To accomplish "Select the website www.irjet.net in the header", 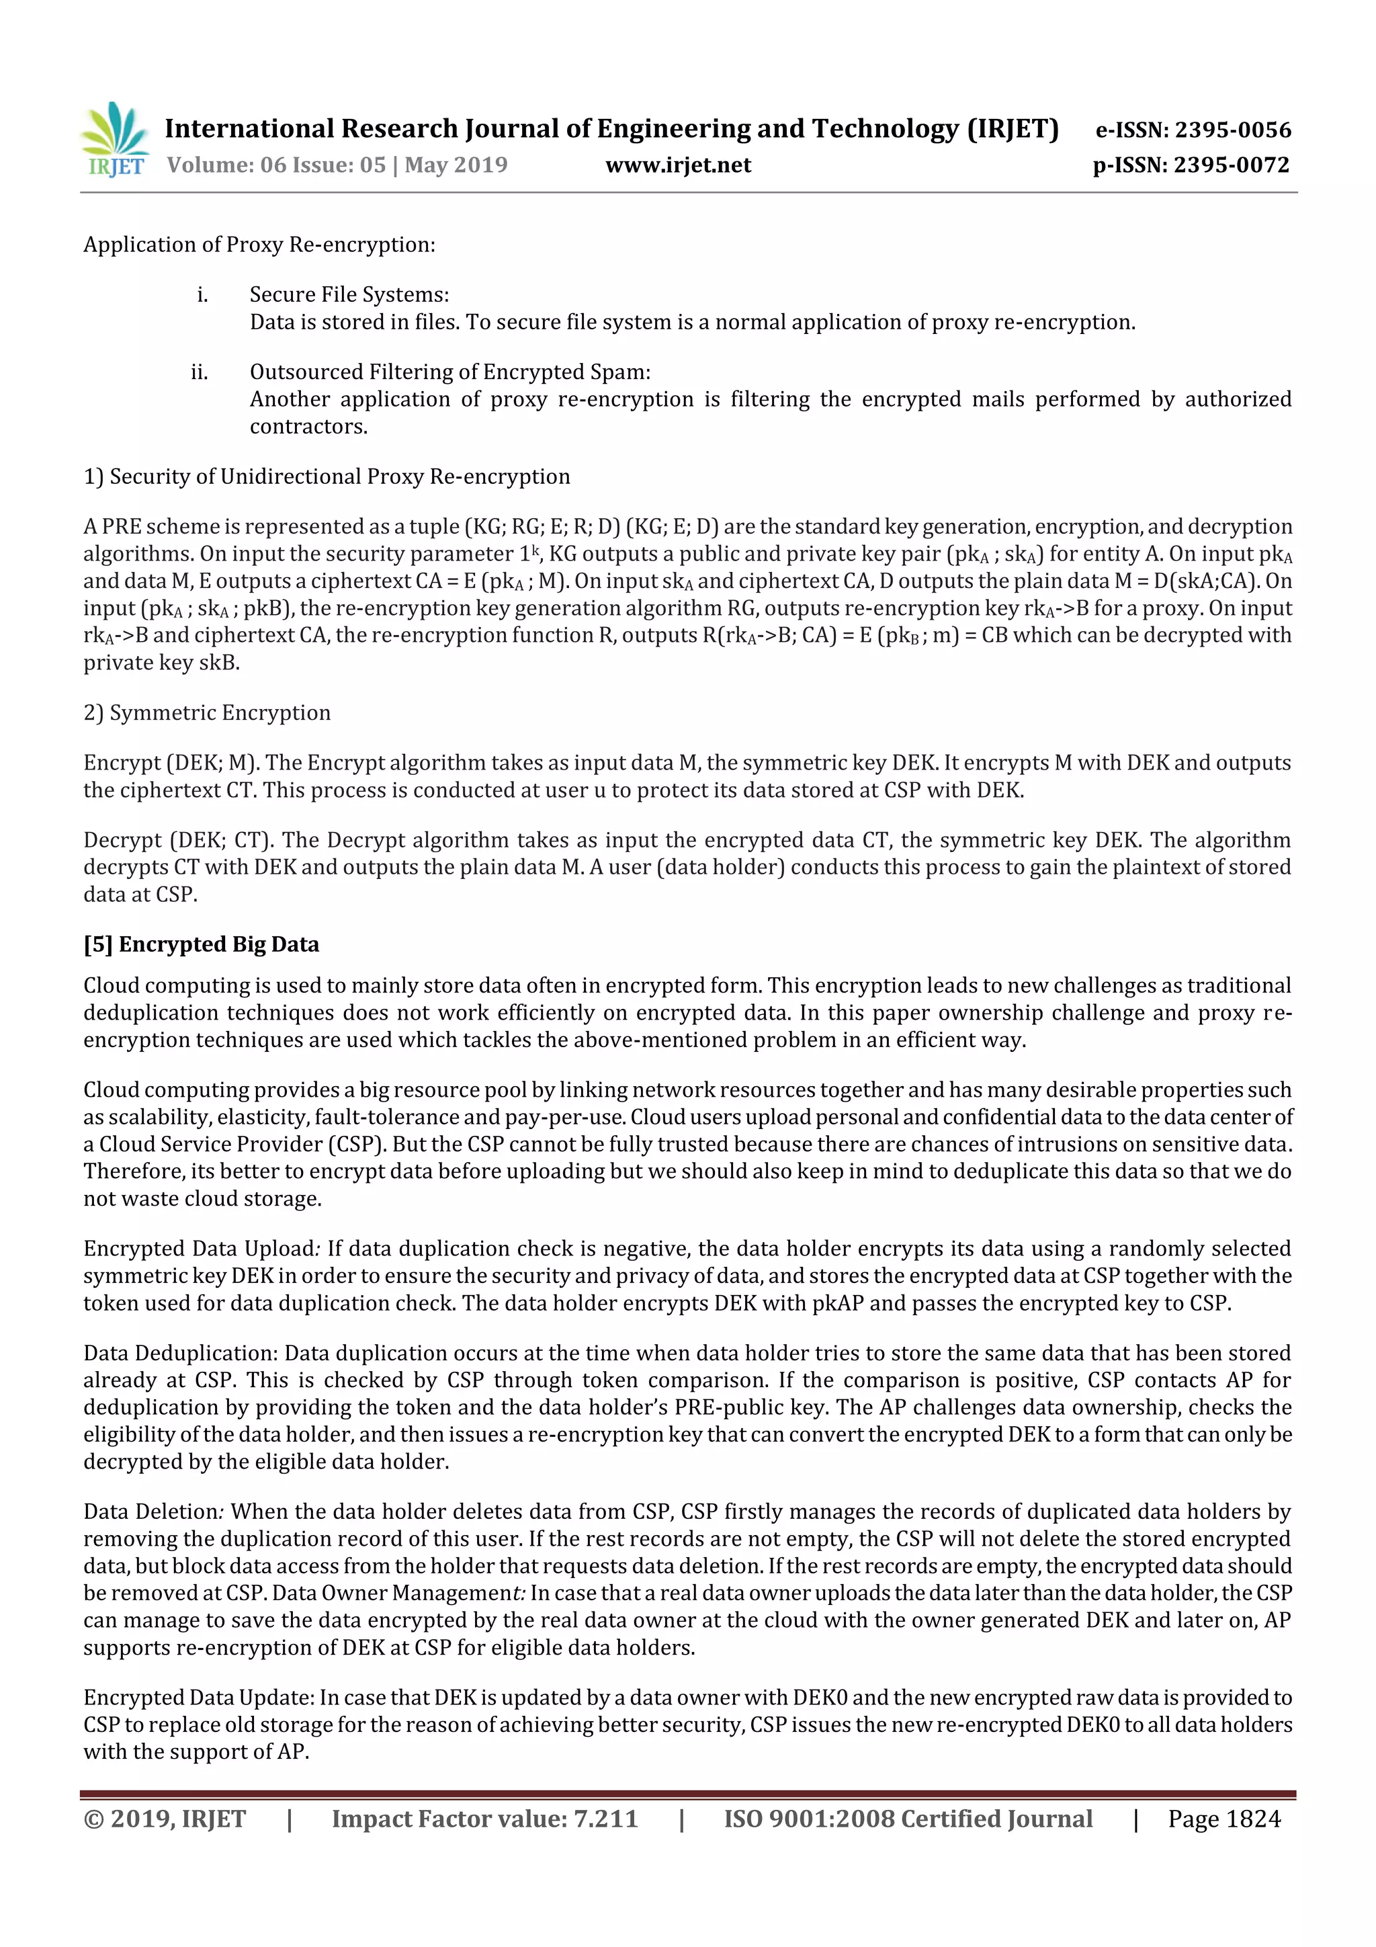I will tap(677, 165).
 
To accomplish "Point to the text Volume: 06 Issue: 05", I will tap(276, 165).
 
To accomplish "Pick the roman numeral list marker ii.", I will tap(200, 372).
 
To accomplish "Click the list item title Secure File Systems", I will tap(349, 294).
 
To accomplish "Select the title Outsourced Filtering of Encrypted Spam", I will tap(449, 372).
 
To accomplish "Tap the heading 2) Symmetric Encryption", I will tap(207, 712).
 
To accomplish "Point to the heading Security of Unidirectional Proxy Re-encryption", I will tap(339, 477).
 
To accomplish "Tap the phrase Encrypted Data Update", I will tap(198, 1697).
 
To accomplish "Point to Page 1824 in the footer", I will tap(1223, 1818).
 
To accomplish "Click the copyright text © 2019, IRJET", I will tap(165, 1818).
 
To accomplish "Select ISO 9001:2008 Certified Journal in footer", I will tap(907, 1818).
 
